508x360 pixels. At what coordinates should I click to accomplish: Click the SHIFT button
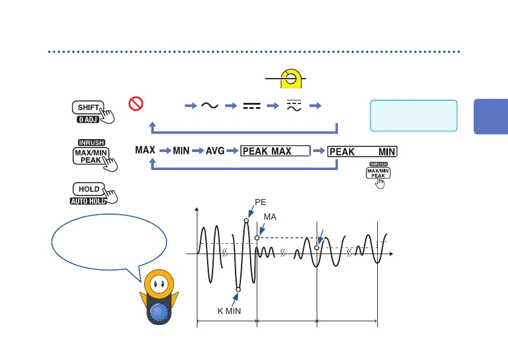pos(88,108)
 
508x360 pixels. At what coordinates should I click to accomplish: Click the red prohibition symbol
pos(134,104)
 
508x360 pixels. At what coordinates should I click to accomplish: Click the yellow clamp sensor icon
pos(291,80)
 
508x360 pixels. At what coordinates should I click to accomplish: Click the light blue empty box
pos(413,116)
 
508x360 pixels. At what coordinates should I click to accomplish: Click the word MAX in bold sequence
pos(145,149)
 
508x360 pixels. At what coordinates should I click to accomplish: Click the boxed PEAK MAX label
pos(275,151)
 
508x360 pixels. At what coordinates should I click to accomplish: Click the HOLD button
pos(89,189)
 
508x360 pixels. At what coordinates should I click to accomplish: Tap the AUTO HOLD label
pos(88,201)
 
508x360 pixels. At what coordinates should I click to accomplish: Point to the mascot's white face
pos(160,284)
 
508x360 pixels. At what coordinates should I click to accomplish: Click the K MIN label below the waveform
pos(229,311)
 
